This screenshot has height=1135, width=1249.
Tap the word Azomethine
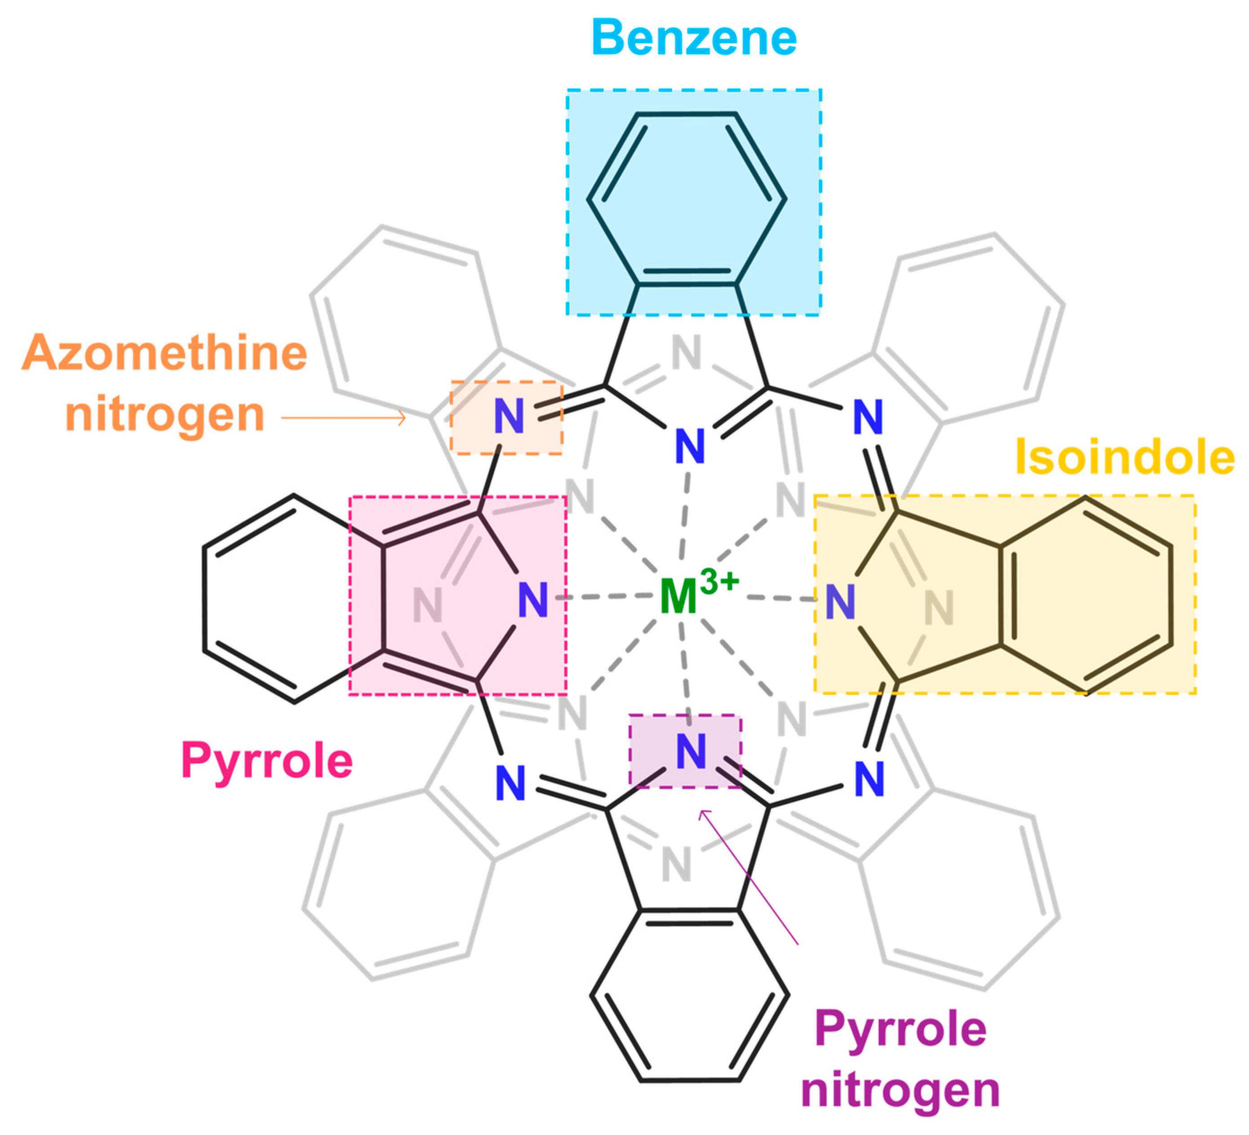tap(165, 353)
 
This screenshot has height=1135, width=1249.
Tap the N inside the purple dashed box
tap(691, 752)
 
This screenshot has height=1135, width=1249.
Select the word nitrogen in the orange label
tap(165, 414)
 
